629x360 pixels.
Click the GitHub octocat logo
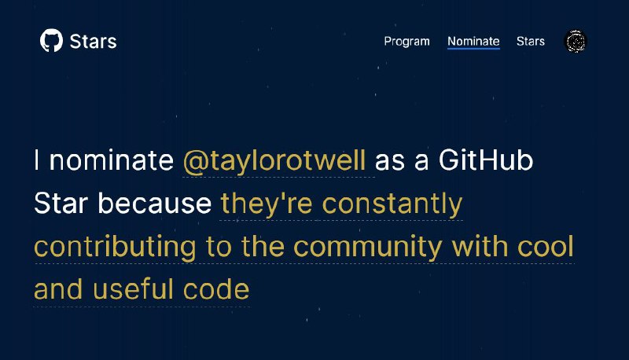pos(51,40)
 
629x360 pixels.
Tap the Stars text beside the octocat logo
pos(93,42)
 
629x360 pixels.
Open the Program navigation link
pos(406,42)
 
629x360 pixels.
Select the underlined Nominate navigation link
pos(474,42)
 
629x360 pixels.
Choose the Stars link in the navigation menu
pos(530,42)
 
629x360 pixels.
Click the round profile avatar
pos(576,42)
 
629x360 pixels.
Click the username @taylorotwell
pos(274,161)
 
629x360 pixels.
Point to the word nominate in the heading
pos(111,160)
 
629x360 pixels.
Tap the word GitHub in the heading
pos(486,160)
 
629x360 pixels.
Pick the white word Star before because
pos(61,203)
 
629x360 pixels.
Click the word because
pos(154,203)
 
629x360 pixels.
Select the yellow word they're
pos(267,204)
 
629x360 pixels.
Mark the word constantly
pos(392,204)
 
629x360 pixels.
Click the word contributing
pos(115,247)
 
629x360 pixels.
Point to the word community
pos(368,247)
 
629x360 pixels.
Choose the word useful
pos(133,288)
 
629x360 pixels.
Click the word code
pos(216,288)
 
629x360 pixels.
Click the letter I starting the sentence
pos(37,160)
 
